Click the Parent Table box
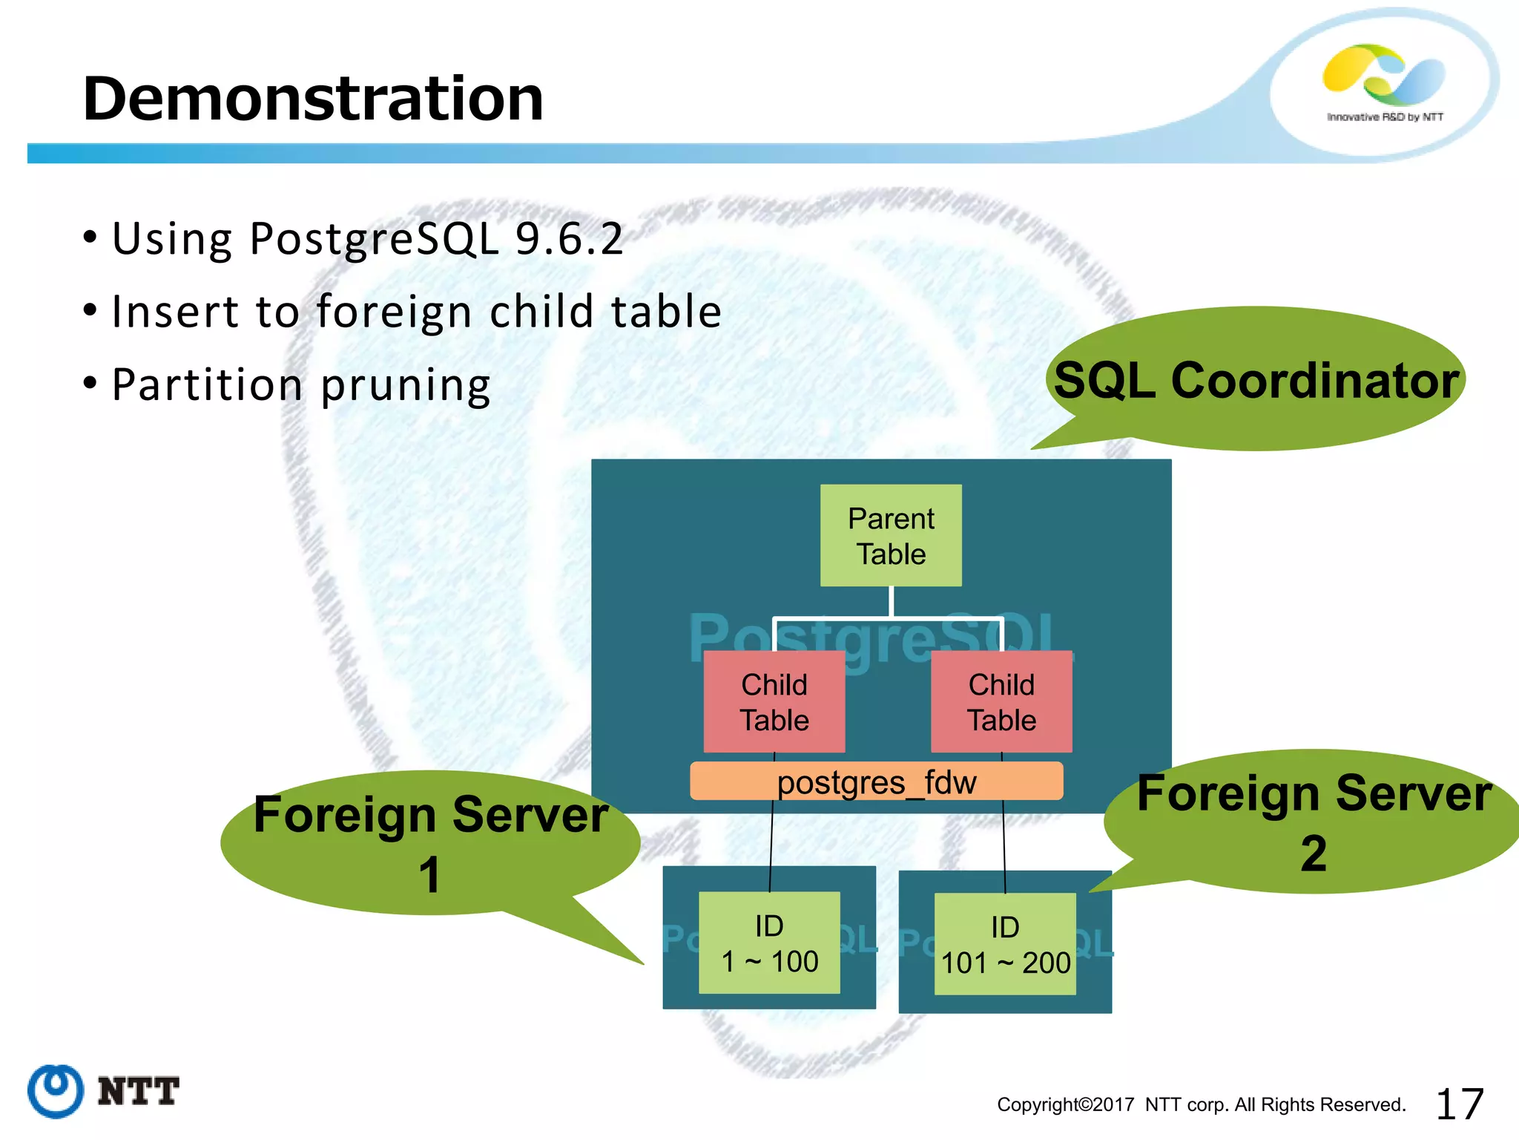tap(891, 536)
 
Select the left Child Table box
tap(774, 702)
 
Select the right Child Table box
tap(1001, 702)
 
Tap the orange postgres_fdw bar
tap(876, 782)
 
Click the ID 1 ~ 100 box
tap(769, 943)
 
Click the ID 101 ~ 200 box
tap(1005, 944)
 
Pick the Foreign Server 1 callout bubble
tap(430, 843)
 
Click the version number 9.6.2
tap(569, 239)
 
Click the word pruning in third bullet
tap(405, 385)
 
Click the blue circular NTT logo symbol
tap(55, 1091)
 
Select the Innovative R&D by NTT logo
tap(1384, 83)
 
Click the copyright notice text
tap(1201, 1104)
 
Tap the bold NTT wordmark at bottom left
tap(138, 1092)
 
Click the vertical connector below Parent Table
tap(891, 601)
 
